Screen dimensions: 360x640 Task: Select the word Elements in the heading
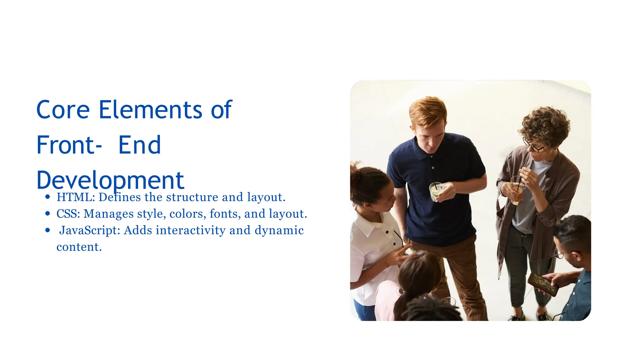pos(150,110)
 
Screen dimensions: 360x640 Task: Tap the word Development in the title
pos(110,181)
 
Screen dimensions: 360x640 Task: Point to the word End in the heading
pos(139,145)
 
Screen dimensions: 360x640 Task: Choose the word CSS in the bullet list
pos(68,214)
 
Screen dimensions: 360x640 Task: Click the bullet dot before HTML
pos(47,197)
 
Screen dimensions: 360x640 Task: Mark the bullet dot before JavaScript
pos(47,230)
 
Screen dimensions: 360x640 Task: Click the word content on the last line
pos(79,247)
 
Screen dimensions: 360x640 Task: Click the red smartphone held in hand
pos(542,283)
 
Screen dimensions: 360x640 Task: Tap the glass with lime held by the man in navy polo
pos(435,192)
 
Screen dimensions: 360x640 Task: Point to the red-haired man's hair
pos(428,111)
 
